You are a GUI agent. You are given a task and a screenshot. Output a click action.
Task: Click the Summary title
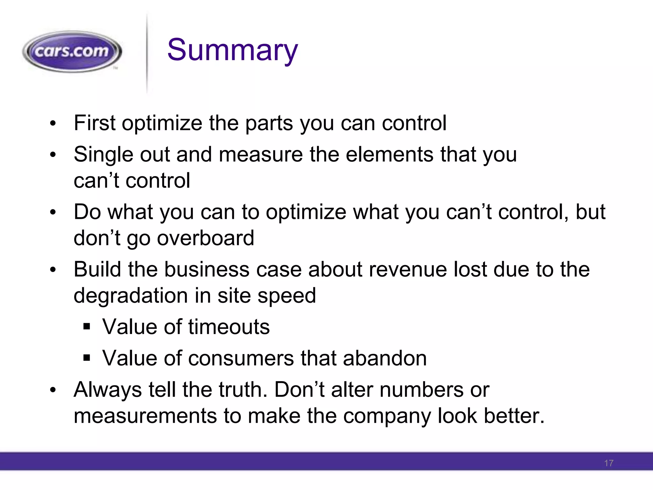pyautogui.click(x=232, y=50)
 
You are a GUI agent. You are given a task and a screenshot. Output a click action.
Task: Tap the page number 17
pyautogui.click(x=608, y=463)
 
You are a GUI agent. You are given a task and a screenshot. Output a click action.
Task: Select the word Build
pyautogui.click(x=97, y=269)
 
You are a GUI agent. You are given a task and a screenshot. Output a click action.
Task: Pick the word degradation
pyautogui.click(x=131, y=296)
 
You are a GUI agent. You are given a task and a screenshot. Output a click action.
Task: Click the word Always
pyautogui.click(x=108, y=390)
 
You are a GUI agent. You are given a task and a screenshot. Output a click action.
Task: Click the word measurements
pyautogui.click(x=145, y=416)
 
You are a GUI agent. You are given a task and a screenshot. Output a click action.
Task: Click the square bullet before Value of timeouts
pyautogui.click(x=87, y=327)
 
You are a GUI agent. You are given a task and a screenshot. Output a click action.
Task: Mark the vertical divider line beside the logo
pyautogui.click(x=147, y=54)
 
